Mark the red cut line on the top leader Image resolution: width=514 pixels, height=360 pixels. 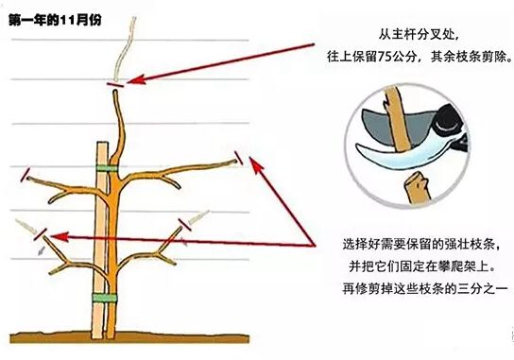tap(115, 84)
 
